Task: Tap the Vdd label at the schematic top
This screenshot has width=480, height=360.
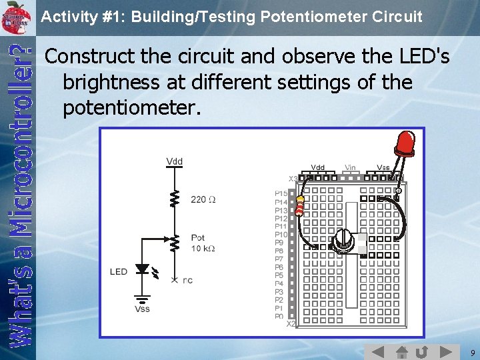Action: pos(174,161)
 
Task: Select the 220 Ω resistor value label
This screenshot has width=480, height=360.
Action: pos(203,199)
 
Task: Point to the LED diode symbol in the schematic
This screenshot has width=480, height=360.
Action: pos(142,269)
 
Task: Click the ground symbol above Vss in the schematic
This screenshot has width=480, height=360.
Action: pos(142,298)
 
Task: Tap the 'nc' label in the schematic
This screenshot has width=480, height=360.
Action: pos(187,280)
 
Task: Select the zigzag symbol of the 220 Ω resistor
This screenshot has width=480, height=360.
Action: pos(175,199)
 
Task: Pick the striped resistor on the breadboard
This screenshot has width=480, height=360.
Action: pos(299,206)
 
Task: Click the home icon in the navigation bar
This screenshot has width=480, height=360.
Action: pos(401,352)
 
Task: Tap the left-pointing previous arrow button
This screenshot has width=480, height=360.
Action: pos(378,352)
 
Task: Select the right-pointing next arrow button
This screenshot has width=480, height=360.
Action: pos(445,352)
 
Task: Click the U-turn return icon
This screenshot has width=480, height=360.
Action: pos(422,352)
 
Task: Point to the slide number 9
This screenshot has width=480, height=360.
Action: pos(472,352)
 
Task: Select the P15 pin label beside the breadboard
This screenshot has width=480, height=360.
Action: pos(281,193)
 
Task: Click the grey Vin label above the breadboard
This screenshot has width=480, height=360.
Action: pos(350,167)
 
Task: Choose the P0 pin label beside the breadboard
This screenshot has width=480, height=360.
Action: pos(279,316)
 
